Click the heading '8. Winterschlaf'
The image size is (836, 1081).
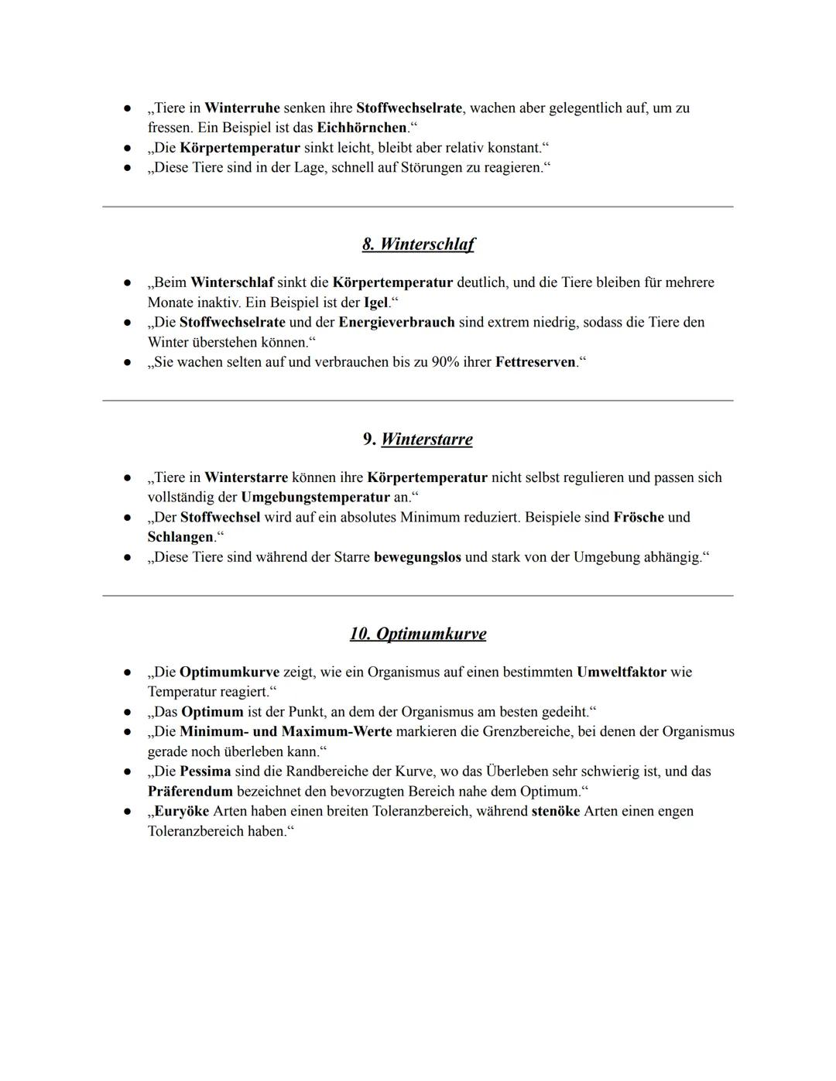click(418, 245)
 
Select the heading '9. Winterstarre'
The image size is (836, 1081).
click(418, 440)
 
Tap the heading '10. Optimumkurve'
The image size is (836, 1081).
click(418, 635)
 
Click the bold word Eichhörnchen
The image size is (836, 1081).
click(361, 128)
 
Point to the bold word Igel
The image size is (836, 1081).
click(375, 303)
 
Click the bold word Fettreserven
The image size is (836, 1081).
click(536, 362)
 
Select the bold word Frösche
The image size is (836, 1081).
click(639, 518)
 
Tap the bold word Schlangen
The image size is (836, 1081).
click(180, 537)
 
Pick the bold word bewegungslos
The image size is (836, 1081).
click(417, 557)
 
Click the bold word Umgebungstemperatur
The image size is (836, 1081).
click(315, 498)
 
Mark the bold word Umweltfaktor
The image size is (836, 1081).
click(621, 672)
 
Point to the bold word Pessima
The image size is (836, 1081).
click(205, 771)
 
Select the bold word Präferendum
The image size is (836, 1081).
click(190, 792)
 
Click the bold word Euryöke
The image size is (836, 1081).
click(181, 812)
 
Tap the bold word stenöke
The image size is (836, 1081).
click(555, 812)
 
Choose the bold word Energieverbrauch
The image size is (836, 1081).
click(396, 323)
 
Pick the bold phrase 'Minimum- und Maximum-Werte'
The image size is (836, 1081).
click(286, 732)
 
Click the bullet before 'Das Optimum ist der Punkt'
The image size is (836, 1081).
click(126, 712)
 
